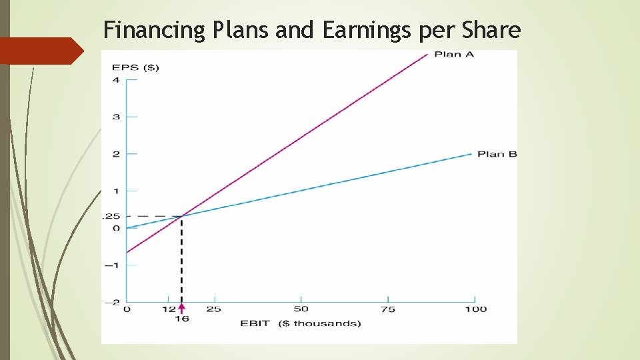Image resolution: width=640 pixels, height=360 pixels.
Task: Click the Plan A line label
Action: point(454,54)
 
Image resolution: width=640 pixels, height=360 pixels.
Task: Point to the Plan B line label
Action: point(497,154)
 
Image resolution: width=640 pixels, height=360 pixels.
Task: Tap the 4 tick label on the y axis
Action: point(116,80)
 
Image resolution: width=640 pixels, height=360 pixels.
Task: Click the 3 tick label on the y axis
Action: point(116,117)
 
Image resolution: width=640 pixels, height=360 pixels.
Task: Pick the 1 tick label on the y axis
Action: point(116,191)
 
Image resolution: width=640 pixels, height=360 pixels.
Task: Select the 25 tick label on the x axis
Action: point(214,309)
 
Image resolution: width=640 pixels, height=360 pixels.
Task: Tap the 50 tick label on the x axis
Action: point(301,309)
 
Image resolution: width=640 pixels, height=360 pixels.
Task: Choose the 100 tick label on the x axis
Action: point(476,309)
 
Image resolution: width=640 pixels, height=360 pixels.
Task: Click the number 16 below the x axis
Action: point(181,319)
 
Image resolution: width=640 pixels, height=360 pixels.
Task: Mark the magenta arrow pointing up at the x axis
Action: point(181,308)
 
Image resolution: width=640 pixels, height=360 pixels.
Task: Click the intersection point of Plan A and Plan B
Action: point(181,216)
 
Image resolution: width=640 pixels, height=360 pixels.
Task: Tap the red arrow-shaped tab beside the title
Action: point(40,51)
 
